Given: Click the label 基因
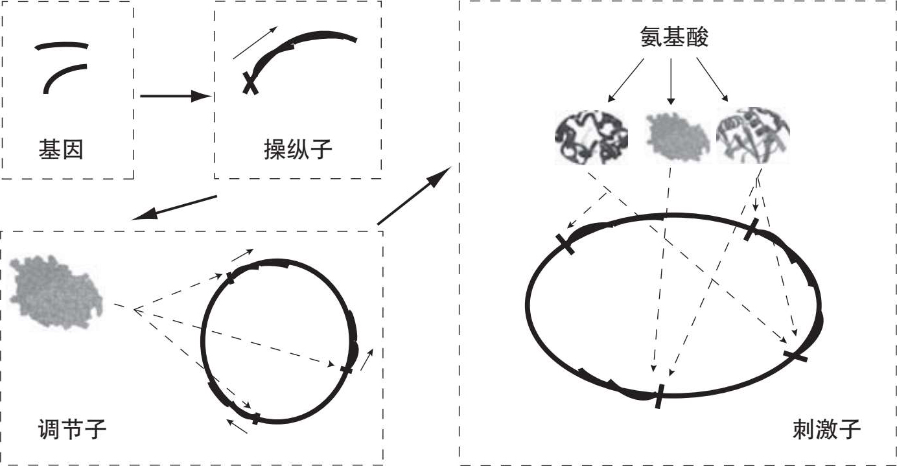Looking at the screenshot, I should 61,151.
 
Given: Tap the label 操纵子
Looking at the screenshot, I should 297,150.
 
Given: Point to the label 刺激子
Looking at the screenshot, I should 826,428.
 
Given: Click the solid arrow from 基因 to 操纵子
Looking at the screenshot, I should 175,97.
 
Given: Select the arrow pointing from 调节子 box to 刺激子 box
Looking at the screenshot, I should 414,194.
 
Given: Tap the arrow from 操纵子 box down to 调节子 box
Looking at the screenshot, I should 174,207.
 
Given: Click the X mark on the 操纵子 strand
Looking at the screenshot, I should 250,83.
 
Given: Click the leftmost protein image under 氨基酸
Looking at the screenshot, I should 591,137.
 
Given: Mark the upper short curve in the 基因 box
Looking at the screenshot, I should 62,45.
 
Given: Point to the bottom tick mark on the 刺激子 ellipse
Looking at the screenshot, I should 659,396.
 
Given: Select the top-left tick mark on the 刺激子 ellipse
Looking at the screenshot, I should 565,244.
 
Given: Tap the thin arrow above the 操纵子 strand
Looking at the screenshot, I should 255,43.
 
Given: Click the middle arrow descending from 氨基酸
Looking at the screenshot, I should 671,81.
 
